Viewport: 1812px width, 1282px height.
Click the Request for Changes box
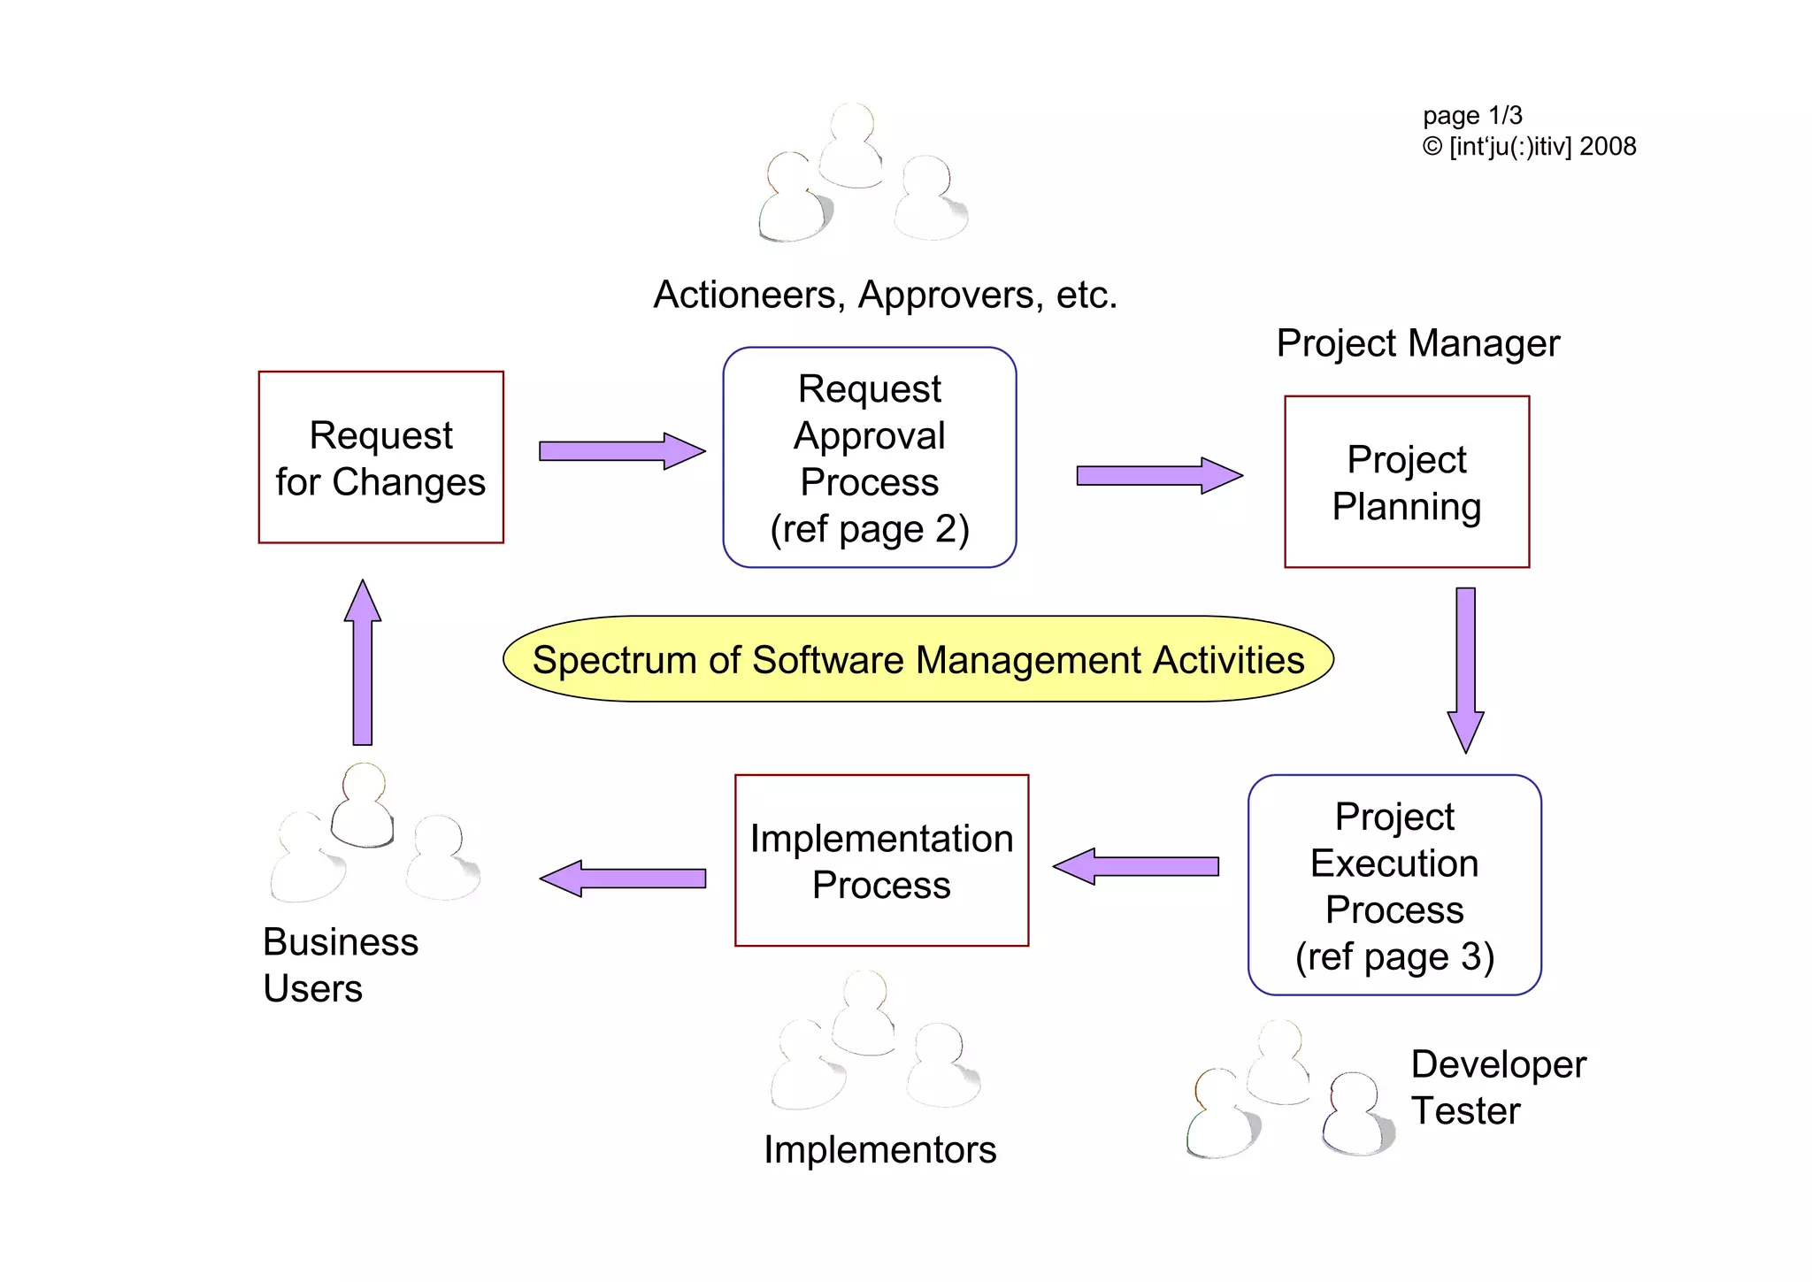click(380, 457)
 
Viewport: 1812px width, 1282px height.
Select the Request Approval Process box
click(869, 457)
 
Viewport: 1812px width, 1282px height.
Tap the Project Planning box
click(1406, 482)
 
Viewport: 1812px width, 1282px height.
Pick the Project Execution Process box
click(1394, 885)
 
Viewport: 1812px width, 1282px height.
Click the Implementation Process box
click(881, 861)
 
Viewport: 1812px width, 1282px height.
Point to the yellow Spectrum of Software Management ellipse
click(918, 659)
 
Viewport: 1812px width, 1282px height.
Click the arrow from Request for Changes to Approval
click(621, 451)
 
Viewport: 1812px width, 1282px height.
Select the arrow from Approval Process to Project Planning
click(1158, 476)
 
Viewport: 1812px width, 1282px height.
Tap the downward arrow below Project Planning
click(1465, 669)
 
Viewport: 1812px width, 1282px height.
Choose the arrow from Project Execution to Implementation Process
click(1136, 866)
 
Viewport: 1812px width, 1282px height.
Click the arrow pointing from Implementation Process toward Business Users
click(623, 879)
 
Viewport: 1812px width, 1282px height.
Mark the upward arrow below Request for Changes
click(363, 663)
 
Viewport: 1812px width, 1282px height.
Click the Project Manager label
click(1417, 343)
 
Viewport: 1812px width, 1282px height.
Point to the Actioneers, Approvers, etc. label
click(885, 295)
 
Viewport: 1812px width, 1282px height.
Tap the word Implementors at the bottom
click(879, 1149)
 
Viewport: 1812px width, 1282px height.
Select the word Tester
click(1465, 1111)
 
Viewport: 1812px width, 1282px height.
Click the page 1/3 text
click(1472, 116)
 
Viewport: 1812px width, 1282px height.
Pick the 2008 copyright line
click(1529, 147)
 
